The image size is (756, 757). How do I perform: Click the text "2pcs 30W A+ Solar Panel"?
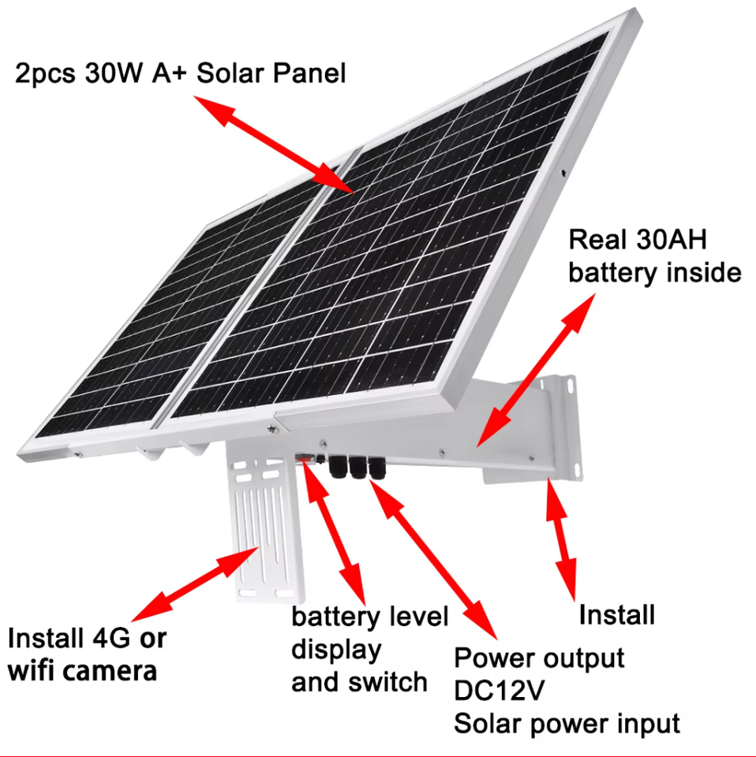(x=180, y=73)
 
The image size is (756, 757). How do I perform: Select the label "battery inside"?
(x=654, y=273)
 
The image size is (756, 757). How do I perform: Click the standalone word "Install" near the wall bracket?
(x=617, y=615)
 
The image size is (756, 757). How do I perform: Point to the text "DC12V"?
(x=499, y=691)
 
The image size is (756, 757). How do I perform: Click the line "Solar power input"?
(x=567, y=724)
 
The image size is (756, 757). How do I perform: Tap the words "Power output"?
(x=539, y=658)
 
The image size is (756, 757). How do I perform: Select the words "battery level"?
(x=370, y=617)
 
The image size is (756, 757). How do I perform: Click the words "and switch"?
(x=359, y=682)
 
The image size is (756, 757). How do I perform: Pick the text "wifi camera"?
(x=83, y=671)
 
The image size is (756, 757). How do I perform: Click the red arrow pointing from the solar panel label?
(x=273, y=144)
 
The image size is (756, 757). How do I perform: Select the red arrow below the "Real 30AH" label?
(x=535, y=371)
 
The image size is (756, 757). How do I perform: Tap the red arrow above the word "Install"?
(x=561, y=539)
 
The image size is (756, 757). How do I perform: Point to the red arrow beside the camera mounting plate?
(x=195, y=584)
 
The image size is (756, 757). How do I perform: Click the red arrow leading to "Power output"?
(x=432, y=558)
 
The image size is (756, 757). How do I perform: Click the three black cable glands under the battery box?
(x=357, y=466)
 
